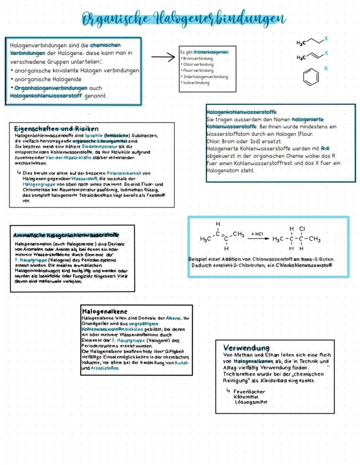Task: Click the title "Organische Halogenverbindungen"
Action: coord(183,19)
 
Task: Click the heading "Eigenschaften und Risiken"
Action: coord(56,129)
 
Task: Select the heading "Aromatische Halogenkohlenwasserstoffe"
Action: coord(66,235)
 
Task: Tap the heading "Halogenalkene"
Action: coord(104,311)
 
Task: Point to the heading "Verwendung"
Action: coord(246,348)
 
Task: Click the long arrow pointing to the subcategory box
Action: coord(163,57)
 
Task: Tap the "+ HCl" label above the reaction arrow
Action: coord(257,234)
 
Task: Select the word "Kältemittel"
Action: coord(246,397)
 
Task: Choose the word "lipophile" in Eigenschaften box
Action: coord(94,136)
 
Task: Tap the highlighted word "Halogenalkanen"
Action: coord(253,361)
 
